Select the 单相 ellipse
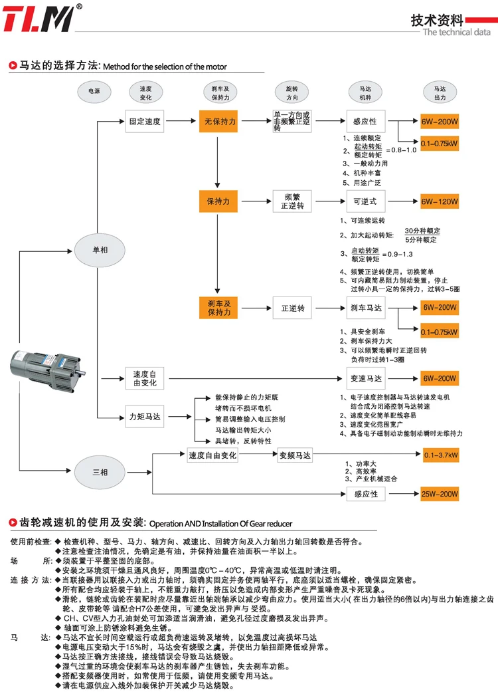tap(100, 250)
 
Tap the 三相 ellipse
tap(100, 473)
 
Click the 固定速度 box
tap(145, 122)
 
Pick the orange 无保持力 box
tap(218, 122)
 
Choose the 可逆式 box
tap(364, 201)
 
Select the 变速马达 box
tap(364, 378)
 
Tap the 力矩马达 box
tap(145, 417)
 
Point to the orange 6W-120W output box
tap(440, 201)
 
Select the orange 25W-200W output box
tap(440, 494)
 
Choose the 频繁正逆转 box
tap(291, 201)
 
